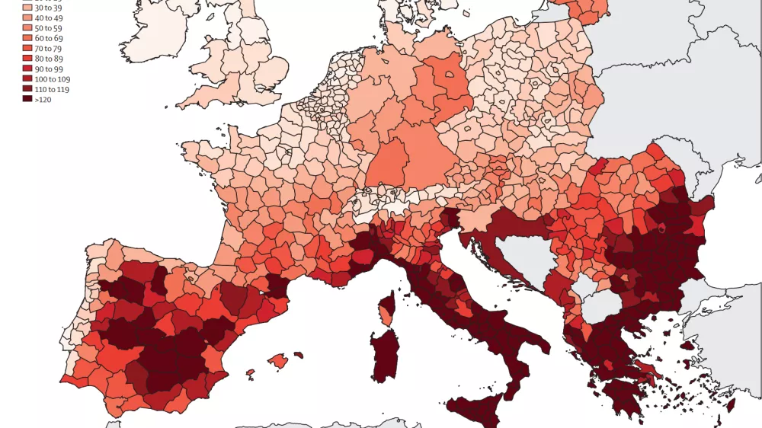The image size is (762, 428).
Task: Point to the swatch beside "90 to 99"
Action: [27, 68]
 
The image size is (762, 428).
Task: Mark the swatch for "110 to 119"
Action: [27, 88]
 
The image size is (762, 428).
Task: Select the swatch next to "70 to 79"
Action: [27, 47]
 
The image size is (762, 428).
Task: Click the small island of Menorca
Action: [298, 354]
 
